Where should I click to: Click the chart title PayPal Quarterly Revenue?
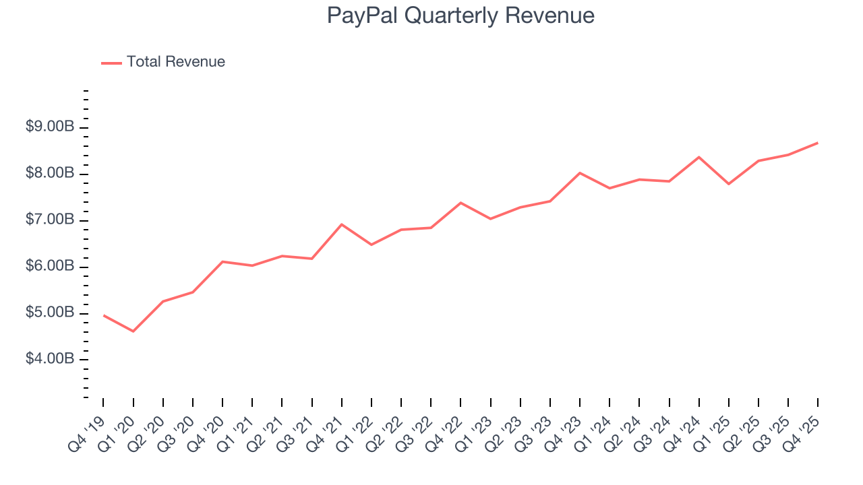(x=460, y=15)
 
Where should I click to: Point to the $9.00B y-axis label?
(x=50, y=127)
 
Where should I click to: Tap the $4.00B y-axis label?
(x=50, y=360)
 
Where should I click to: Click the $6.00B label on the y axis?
(x=50, y=267)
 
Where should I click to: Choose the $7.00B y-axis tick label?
(x=50, y=220)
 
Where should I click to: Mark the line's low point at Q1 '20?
(x=133, y=331)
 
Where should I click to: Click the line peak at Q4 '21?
(x=342, y=224)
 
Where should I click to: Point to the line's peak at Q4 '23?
(x=580, y=173)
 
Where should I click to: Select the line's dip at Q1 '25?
(x=729, y=184)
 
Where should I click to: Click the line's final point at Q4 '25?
(x=818, y=143)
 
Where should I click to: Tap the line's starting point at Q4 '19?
(x=103, y=315)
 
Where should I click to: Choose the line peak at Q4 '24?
(x=699, y=157)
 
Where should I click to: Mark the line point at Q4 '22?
(x=460, y=203)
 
